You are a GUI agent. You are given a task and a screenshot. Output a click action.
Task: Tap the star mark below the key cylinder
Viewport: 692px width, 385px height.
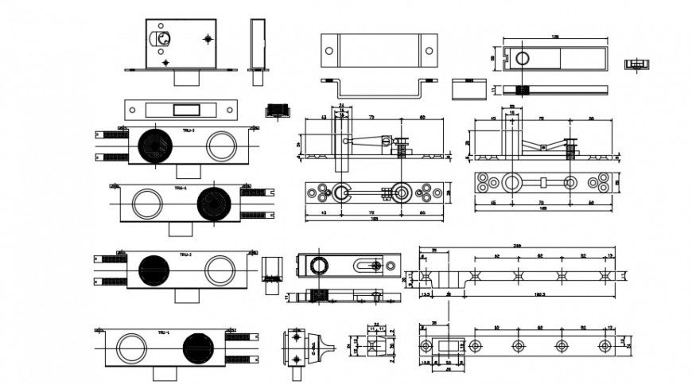click(x=165, y=61)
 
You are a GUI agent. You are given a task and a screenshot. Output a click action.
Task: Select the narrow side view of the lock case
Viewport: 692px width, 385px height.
click(x=257, y=44)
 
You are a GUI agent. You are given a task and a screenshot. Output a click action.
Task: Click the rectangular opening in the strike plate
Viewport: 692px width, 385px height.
click(x=186, y=108)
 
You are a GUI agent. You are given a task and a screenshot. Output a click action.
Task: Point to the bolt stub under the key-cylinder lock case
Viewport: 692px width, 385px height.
click(x=186, y=78)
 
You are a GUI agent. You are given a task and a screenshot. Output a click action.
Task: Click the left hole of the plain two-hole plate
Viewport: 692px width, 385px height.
click(x=329, y=50)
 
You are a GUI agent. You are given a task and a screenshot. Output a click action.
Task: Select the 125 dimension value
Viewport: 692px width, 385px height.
click(x=554, y=36)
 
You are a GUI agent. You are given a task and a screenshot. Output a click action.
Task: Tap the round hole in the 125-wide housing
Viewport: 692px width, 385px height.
click(x=523, y=57)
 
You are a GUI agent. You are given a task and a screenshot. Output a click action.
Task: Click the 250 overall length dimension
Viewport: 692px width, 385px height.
click(x=518, y=244)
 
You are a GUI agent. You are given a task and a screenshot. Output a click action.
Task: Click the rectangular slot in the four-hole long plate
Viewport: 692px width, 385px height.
click(x=450, y=345)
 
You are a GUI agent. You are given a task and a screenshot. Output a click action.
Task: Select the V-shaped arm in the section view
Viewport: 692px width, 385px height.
click(x=543, y=145)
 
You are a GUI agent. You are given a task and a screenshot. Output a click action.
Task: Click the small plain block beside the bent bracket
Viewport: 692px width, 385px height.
click(x=468, y=87)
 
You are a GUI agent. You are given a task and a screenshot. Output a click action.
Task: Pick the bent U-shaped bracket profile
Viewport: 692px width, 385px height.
click(x=379, y=85)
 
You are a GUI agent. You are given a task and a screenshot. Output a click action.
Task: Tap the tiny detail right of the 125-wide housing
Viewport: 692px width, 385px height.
click(x=635, y=64)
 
